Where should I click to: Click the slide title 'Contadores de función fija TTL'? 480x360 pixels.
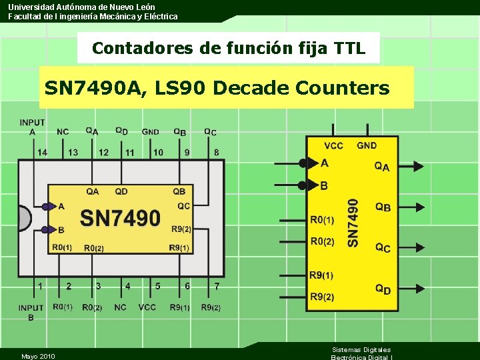coord(229,48)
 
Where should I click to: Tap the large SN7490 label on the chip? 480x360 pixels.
coord(121,218)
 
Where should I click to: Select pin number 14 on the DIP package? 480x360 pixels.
coord(42,152)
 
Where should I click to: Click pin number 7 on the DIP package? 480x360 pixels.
coord(217,286)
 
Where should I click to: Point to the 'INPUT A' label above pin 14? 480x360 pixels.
coord(33,127)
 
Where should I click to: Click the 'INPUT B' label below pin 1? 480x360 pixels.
coord(31,313)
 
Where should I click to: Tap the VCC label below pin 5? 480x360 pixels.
coord(147,307)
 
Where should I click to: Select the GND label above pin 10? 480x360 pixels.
coord(151,131)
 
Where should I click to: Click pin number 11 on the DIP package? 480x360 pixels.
coord(129,152)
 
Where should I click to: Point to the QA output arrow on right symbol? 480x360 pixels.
coord(417,166)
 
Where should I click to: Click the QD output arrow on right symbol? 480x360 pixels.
coord(417,289)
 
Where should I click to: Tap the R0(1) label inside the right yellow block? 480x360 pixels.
coord(322,220)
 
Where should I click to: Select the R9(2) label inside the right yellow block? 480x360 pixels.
coord(321,297)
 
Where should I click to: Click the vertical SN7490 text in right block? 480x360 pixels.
coord(353,223)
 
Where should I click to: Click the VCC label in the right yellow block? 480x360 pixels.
coord(333,145)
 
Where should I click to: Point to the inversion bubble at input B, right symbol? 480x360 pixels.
coord(303,185)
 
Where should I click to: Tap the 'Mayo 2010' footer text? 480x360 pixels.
coord(38,356)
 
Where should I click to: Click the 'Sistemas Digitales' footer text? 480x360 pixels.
coord(361,349)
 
